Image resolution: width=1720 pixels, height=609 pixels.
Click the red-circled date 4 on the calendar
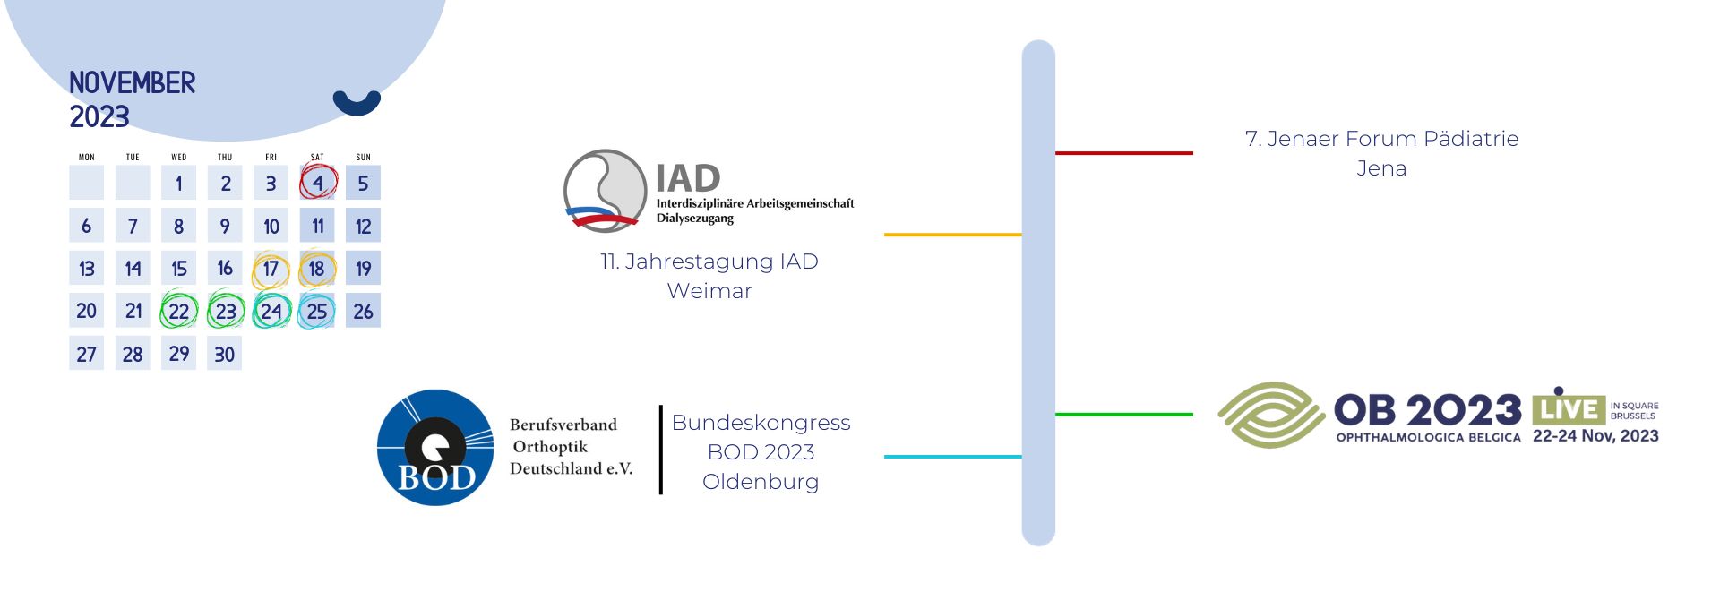click(318, 183)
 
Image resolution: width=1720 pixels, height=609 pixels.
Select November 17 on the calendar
click(271, 269)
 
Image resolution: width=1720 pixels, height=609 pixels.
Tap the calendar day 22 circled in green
click(178, 312)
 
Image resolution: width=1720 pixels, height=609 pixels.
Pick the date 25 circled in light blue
click(317, 312)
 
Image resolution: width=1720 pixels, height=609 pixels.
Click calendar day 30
click(224, 354)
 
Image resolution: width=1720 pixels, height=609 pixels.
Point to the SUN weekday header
click(363, 157)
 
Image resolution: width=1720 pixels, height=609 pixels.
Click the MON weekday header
click(87, 157)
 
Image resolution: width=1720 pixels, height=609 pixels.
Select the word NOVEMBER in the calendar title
click(133, 82)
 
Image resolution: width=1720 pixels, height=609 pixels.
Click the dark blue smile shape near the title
click(357, 102)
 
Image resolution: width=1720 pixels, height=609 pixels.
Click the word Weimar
click(709, 291)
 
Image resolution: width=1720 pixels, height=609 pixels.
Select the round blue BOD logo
click(435, 447)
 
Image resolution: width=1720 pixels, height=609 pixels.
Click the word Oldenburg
click(761, 482)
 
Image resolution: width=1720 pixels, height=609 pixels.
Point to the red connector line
click(1124, 153)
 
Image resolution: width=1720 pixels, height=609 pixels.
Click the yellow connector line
click(953, 235)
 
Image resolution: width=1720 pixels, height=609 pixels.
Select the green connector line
click(1124, 415)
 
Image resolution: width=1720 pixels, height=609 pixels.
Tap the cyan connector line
click(953, 457)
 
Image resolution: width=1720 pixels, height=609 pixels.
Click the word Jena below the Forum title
click(1381, 168)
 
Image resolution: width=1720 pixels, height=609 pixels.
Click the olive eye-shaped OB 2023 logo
click(1271, 415)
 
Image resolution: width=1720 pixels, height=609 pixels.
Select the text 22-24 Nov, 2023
click(1595, 436)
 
